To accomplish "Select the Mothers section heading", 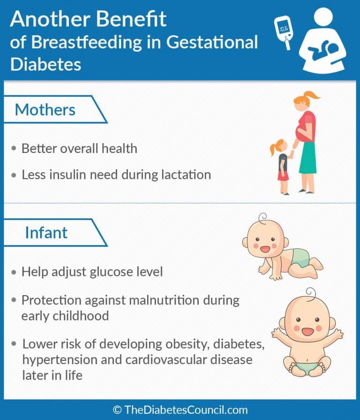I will point(45,110).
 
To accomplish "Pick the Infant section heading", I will point(46,232).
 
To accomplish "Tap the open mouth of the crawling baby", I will point(268,250).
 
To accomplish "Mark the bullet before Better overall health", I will point(14,149).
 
